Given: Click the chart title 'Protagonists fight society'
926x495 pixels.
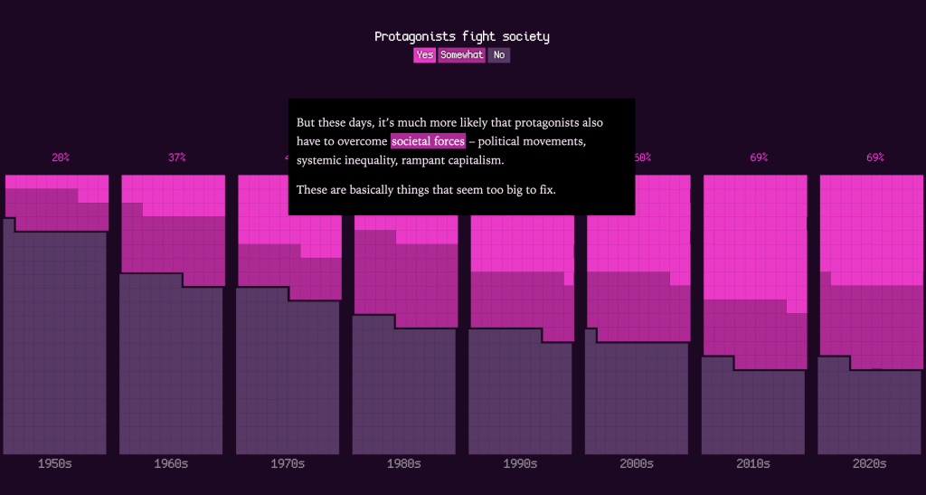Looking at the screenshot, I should point(462,36).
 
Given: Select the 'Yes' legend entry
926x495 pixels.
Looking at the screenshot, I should point(424,55).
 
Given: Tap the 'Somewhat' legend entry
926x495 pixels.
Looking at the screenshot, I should point(461,55).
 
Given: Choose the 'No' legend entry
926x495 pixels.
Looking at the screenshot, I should point(499,55).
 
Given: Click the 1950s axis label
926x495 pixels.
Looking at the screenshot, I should point(54,463).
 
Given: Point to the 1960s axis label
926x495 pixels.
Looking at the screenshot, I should point(171,463).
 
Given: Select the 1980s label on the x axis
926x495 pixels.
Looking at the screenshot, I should point(403,463).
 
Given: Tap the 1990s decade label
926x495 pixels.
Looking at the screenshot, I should point(520,463).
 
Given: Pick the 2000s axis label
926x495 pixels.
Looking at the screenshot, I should point(637,463).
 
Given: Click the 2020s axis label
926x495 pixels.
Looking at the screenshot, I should point(869,463).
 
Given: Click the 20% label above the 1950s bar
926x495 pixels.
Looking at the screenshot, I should point(61,157).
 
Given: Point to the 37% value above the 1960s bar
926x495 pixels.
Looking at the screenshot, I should point(176,157).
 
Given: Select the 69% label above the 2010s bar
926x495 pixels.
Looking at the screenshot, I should point(759,157).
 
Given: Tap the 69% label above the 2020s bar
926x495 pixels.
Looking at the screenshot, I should point(874,157).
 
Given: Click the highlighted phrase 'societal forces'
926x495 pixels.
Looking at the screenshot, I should point(428,141).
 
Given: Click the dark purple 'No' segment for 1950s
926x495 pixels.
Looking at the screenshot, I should point(54,344).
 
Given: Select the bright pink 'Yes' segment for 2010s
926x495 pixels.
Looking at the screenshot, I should point(755,235).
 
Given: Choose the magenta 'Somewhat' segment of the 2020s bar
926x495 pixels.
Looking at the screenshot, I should point(871,326).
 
